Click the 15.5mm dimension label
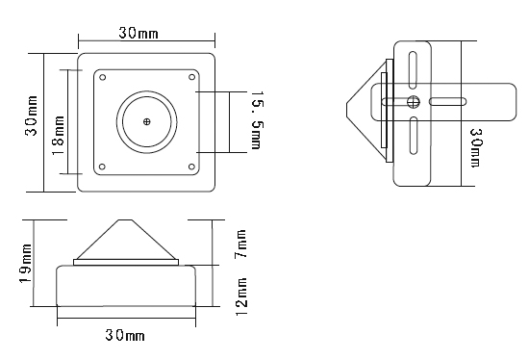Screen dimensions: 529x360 pyautogui.click(x=258, y=119)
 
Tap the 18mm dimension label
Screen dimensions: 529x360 pyautogui.click(x=59, y=135)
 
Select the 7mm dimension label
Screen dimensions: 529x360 pyautogui.click(x=240, y=244)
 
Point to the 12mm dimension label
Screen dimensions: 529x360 pyautogui.click(x=240, y=296)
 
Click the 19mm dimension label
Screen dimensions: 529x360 pyautogui.click(x=26, y=264)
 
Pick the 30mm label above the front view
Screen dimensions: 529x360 pyautogui.click(x=139, y=33)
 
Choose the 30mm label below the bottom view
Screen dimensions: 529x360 pyautogui.click(x=125, y=335)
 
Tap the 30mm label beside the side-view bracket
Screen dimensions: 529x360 pyautogui.click(x=476, y=147)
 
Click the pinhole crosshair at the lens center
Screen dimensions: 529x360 pyautogui.click(x=147, y=121)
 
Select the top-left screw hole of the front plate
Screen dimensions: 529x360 pyautogui.click(x=103, y=77)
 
